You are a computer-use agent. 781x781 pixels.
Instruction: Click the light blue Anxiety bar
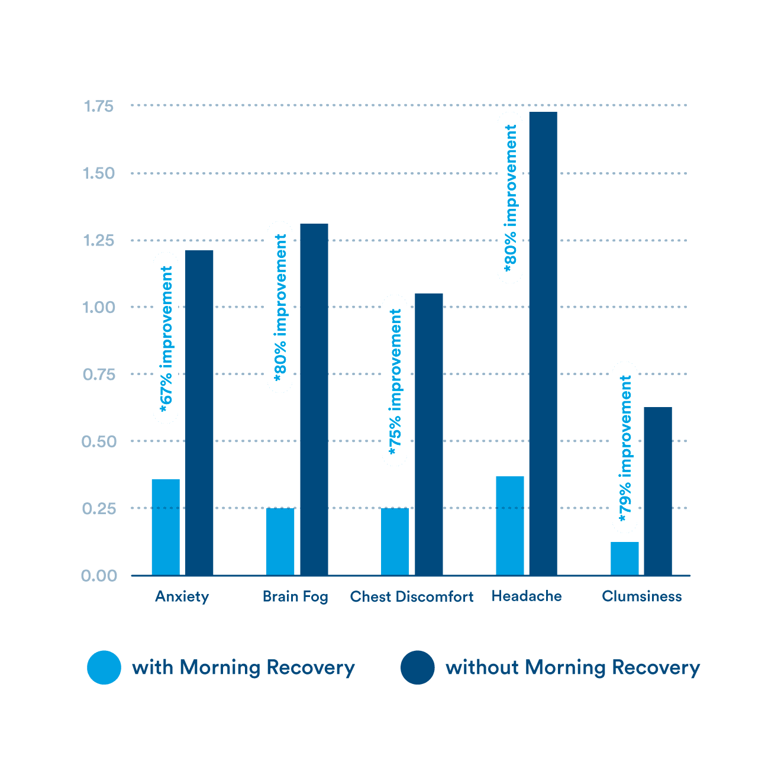pyautogui.click(x=166, y=527)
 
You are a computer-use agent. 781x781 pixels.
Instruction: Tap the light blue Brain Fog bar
pyautogui.click(x=280, y=541)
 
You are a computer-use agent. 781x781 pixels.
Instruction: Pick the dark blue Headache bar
pyautogui.click(x=543, y=343)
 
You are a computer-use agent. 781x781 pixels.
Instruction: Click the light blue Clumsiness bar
pyautogui.click(x=625, y=558)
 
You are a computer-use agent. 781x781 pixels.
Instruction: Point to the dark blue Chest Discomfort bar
pyautogui.click(x=429, y=434)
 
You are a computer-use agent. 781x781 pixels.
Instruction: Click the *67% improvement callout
pyautogui.click(x=166, y=338)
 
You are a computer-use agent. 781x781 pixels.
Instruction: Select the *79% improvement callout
pyautogui.click(x=625, y=447)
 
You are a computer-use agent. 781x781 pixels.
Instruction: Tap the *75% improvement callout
pyautogui.click(x=395, y=380)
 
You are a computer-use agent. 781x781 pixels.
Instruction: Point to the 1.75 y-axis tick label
pyautogui.click(x=98, y=106)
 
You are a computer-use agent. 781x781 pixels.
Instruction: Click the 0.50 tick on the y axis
pyautogui.click(x=98, y=441)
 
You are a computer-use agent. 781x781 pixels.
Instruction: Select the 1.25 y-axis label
pyautogui.click(x=98, y=241)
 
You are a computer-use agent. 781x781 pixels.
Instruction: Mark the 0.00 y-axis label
pyautogui.click(x=98, y=576)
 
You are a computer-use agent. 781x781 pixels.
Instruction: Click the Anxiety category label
pyautogui.click(x=182, y=596)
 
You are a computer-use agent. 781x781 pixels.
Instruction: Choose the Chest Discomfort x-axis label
pyautogui.click(x=412, y=596)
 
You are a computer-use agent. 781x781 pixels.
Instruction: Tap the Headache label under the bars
pyautogui.click(x=527, y=596)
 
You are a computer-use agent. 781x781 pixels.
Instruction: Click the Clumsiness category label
pyautogui.click(x=641, y=596)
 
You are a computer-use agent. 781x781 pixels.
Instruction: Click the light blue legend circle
pyautogui.click(x=104, y=667)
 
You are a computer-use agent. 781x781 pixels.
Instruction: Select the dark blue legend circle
pyautogui.click(x=418, y=667)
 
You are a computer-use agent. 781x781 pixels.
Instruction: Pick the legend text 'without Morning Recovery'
pyautogui.click(x=573, y=667)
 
